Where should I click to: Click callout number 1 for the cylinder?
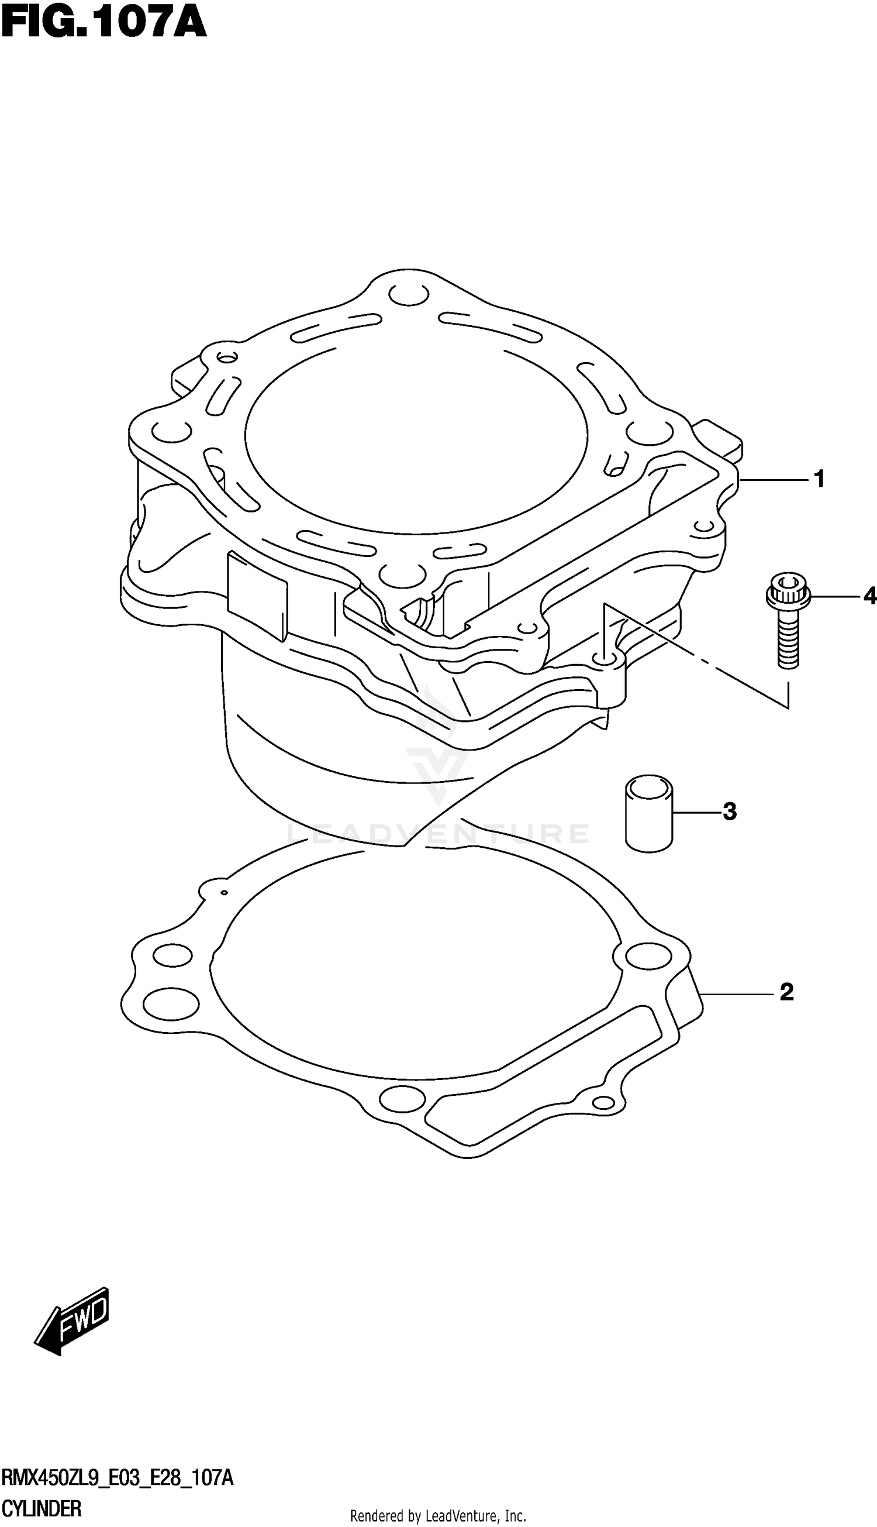click(x=819, y=480)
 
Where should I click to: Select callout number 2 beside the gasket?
click(x=786, y=992)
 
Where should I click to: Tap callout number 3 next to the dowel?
click(x=730, y=811)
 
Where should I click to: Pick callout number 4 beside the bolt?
click(x=869, y=597)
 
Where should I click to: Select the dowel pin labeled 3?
click(x=649, y=813)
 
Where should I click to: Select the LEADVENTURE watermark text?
click(x=438, y=835)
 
